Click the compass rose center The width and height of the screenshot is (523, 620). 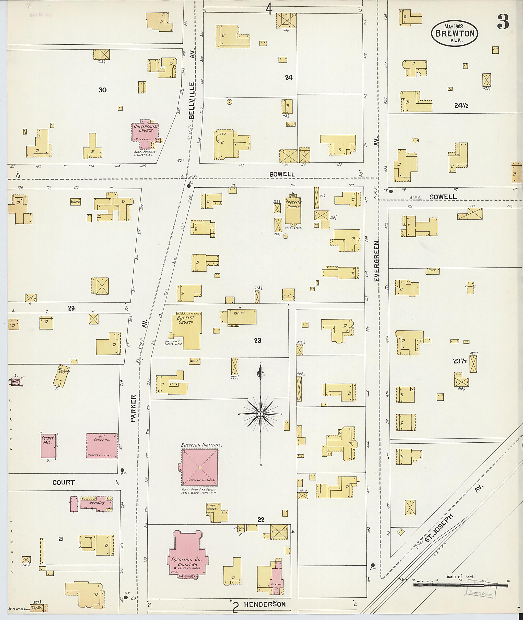click(260, 414)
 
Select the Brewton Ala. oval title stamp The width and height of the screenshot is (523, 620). click(455, 33)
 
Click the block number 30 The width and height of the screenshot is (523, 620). click(102, 90)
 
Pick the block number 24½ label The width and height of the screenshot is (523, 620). click(461, 105)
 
